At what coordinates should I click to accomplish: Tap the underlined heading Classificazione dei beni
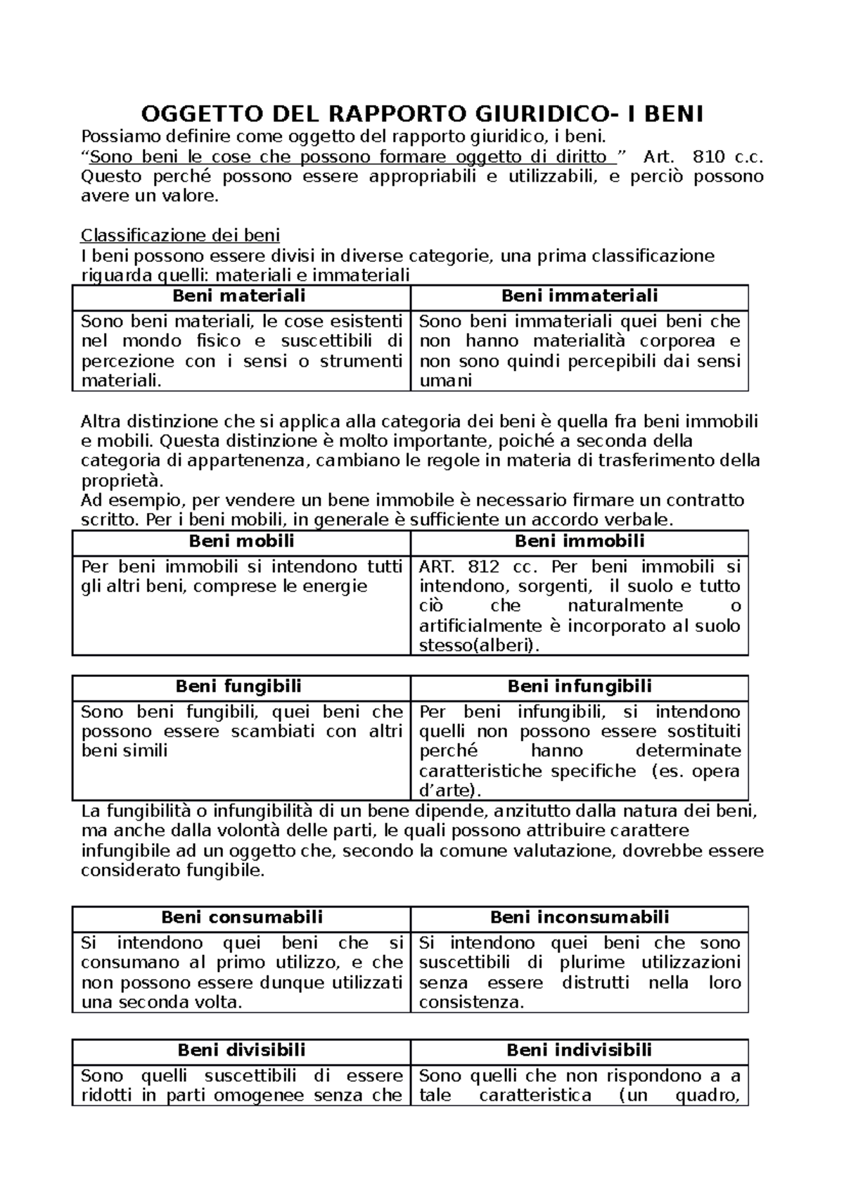tap(180, 235)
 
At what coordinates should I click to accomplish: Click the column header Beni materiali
tap(238, 296)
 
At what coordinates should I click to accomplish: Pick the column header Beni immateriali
tap(579, 296)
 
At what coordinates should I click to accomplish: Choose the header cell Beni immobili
tap(579, 541)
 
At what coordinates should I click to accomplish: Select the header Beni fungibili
tap(238, 686)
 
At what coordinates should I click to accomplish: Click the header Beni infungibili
tap(579, 686)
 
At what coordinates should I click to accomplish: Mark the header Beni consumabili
tap(242, 917)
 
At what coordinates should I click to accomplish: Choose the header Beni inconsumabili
tap(579, 917)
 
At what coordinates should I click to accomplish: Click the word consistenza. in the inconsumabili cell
tap(471, 1002)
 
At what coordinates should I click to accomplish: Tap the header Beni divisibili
tap(241, 1050)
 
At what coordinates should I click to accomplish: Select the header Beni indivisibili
tap(579, 1050)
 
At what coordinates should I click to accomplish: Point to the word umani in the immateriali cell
tap(445, 381)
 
